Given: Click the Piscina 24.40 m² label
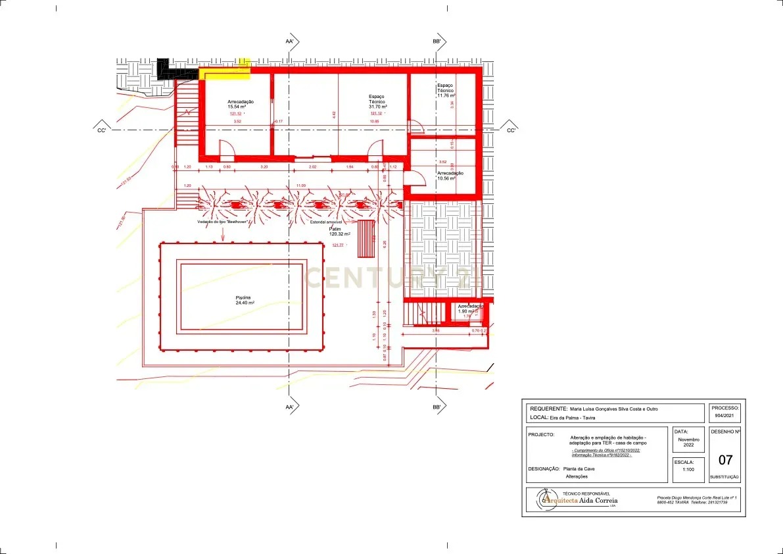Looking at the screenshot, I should (245, 300).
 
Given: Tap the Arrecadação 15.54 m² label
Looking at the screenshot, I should (241, 104).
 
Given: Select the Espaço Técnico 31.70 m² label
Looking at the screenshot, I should (377, 101).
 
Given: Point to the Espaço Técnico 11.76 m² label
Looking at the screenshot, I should (446, 91).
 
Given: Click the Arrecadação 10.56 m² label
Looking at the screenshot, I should (450, 176).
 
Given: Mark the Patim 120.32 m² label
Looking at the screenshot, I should (339, 232).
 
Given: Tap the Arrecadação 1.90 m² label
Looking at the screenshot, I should (469, 309).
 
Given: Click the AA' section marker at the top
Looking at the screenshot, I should (290, 41).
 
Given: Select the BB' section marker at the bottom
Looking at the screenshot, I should (437, 408).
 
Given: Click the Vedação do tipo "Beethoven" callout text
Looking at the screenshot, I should (222, 222).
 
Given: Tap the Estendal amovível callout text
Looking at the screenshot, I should (330, 222).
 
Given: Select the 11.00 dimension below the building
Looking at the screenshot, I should (301, 186).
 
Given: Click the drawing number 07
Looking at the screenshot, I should (724, 460).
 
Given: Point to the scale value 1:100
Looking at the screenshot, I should (689, 470).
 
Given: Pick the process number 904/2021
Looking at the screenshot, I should (725, 416).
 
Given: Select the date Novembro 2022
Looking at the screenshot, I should (689, 442).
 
